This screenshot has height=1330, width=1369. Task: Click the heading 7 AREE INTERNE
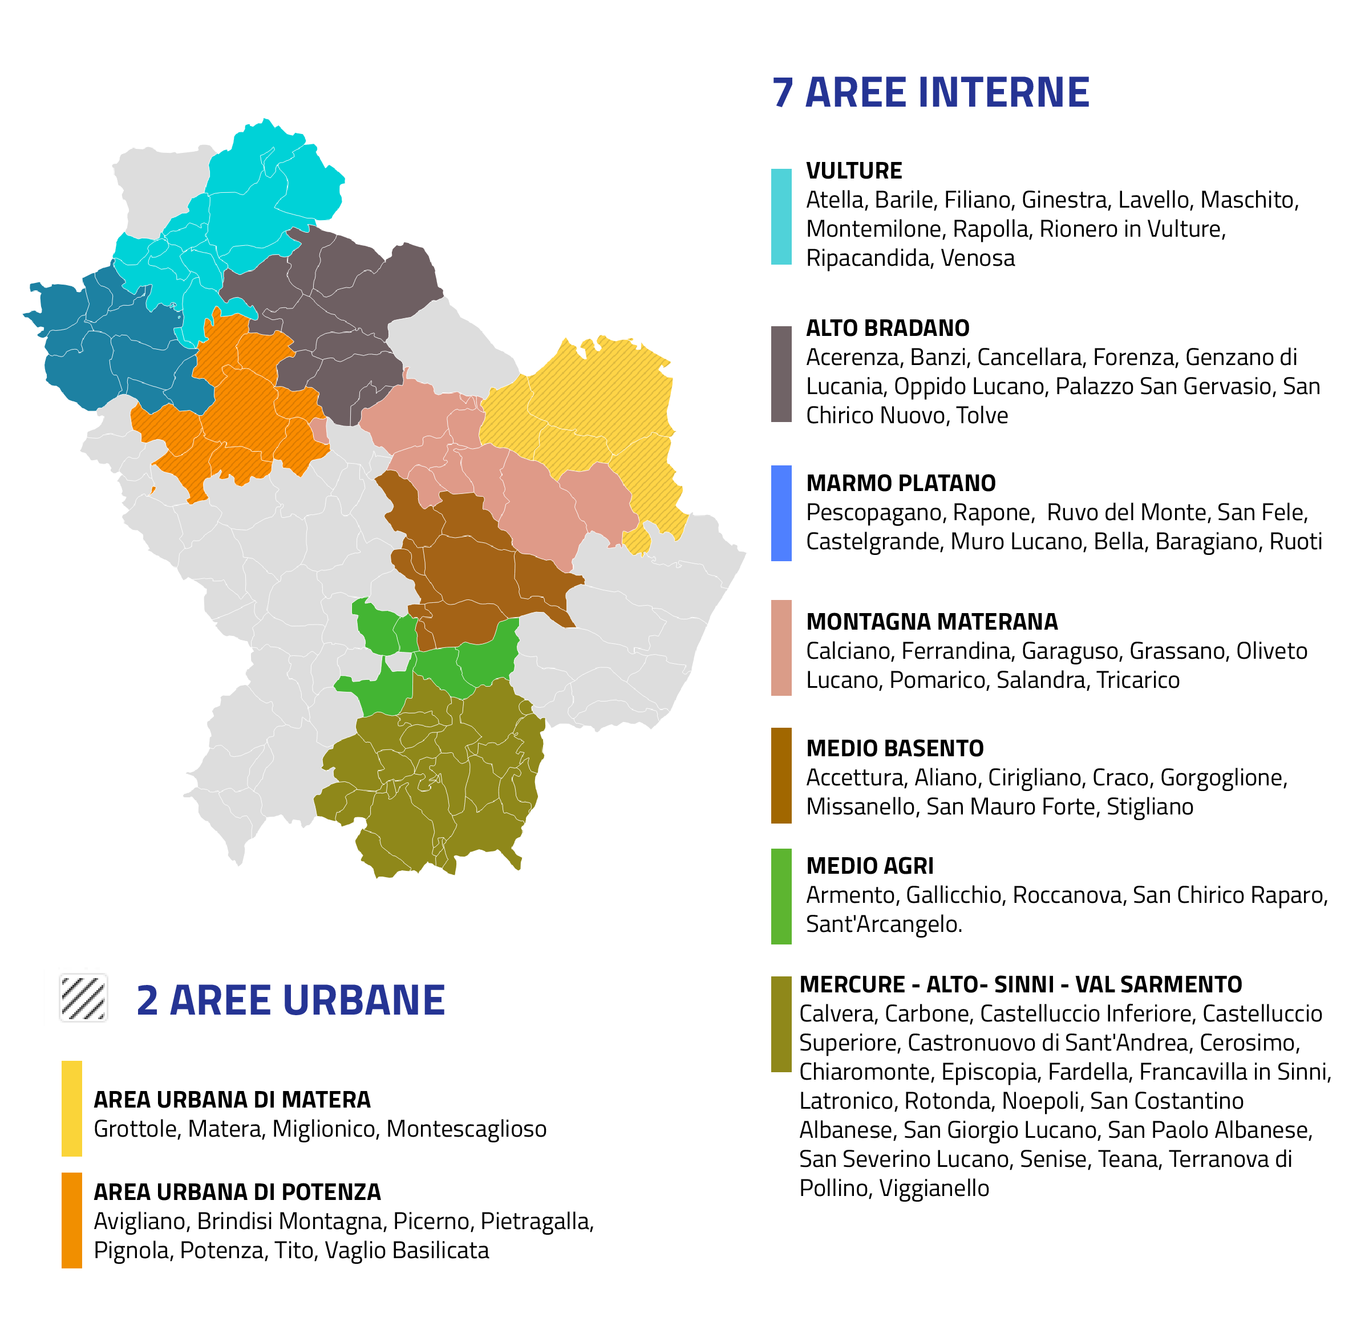(930, 93)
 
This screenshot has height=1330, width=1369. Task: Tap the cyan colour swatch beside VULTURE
(781, 217)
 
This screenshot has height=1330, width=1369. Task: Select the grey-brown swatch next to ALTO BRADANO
(781, 374)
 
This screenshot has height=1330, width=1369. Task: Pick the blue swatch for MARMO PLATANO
(781, 513)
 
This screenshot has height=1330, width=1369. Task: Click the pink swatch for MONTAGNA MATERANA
(781, 647)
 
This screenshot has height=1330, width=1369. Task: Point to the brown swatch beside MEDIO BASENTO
(781, 776)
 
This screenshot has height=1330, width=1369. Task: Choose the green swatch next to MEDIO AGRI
(781, 896)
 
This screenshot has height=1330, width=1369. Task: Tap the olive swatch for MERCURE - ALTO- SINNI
(781, 1023)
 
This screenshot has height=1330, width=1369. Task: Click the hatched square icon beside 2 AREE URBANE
(84, 998)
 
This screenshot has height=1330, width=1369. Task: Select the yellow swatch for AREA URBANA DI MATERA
(71, 1109)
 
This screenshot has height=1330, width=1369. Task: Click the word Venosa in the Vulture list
(977, 258)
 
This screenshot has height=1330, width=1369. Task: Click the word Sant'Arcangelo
(884, 924)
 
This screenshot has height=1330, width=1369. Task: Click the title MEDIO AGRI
(869, 866)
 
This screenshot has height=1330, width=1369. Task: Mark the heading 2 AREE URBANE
(290, 1000)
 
